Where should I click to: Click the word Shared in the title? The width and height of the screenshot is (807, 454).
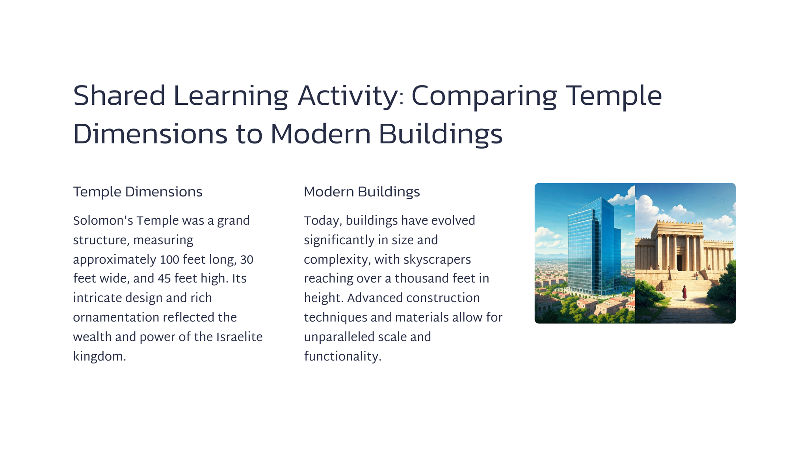[x=119, y=96]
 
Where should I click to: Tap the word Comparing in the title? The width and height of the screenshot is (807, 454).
[x=484, y=97]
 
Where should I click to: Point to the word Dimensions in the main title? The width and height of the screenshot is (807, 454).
[x=150, y=134]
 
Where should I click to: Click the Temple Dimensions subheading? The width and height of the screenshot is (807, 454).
[x=138, y=192]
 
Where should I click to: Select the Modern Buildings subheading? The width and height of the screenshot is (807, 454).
[x=362, y=192]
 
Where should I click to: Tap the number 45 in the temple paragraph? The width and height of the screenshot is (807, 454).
[x=164, y=279]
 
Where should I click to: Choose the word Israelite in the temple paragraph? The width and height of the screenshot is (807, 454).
[x=239, y=337]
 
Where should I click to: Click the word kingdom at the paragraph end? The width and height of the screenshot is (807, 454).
[x=99, y=357]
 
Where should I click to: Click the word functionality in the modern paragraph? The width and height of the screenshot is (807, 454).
[x=342, y=357]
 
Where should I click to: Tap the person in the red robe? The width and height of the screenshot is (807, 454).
[x=684, y=292]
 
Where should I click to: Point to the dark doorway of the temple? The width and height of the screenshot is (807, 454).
[x=680, y=262]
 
